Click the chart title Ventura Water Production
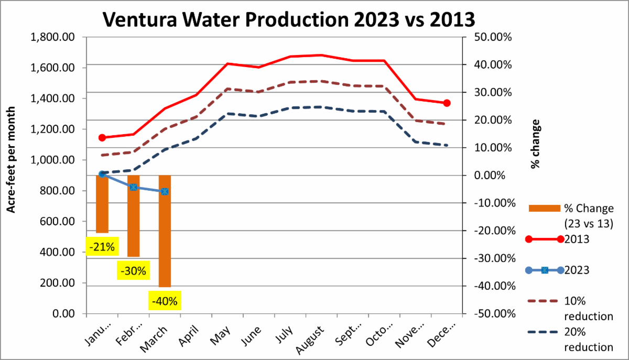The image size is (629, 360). [x=289, y=19]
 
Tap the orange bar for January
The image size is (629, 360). [x=102, y=204]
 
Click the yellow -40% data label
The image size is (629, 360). [x=165, y=302]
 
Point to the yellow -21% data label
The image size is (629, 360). [x=102, y=246]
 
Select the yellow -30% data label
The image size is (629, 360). [x=133, y=271]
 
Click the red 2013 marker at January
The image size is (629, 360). [x=102, y=138]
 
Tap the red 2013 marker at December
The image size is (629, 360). [x=447, y=103]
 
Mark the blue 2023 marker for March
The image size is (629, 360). [x=165, y=192]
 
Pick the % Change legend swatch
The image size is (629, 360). [x=545, y=209]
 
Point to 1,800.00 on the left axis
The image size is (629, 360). [x=53, y=37]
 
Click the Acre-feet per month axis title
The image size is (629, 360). [x=10, y=160]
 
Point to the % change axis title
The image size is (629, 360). [x=535, y=144]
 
